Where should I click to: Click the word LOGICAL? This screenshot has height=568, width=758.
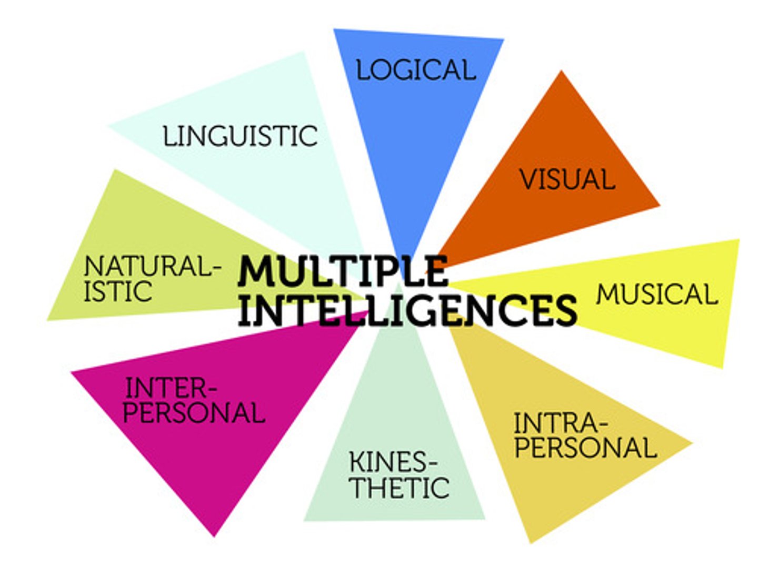coord(416,70)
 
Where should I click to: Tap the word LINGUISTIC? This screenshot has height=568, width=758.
coord(240,136)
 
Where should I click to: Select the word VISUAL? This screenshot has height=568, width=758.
coord(567,179)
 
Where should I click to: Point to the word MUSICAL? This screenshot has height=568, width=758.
coord(657,294)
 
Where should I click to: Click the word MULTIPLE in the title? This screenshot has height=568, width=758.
coord(343,271)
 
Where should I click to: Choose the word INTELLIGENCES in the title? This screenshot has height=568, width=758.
coord(407,310)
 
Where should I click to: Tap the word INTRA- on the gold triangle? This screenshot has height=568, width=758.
coord(561,422)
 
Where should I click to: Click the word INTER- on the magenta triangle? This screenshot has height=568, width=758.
coord(171,389)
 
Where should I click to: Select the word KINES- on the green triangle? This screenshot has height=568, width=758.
coord(393,463)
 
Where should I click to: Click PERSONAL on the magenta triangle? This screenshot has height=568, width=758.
coord(194,413)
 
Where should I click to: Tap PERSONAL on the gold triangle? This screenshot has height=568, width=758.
coord(585,448)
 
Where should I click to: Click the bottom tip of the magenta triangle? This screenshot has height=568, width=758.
coord(214,535)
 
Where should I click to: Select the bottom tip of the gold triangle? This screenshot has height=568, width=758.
coord(531,542)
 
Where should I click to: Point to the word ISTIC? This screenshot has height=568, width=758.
coord(118,292)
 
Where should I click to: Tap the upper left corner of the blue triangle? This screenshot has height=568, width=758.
coord(335,31)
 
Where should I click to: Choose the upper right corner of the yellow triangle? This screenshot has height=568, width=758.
coord(739,241)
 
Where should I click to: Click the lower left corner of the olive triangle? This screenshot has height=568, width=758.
coord(48,319)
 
